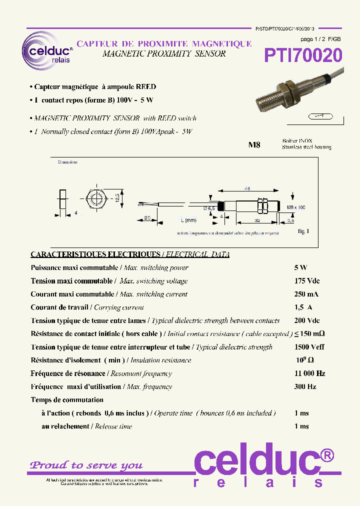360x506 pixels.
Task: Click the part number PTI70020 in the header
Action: (x=303, y=55)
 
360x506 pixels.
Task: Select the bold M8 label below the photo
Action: (x=254, y=145)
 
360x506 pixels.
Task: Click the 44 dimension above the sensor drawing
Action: (x=246, y=188)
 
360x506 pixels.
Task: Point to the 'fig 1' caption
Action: (x=303, y=231)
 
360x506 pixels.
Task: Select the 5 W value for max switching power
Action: (x=300, y=267)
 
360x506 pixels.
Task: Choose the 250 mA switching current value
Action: (x=306, y=294)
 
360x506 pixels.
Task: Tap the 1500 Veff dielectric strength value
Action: (x=309, y=347)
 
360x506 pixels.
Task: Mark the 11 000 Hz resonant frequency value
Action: (x=310, y=373)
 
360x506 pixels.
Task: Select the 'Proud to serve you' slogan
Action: (x=86, y=465)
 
